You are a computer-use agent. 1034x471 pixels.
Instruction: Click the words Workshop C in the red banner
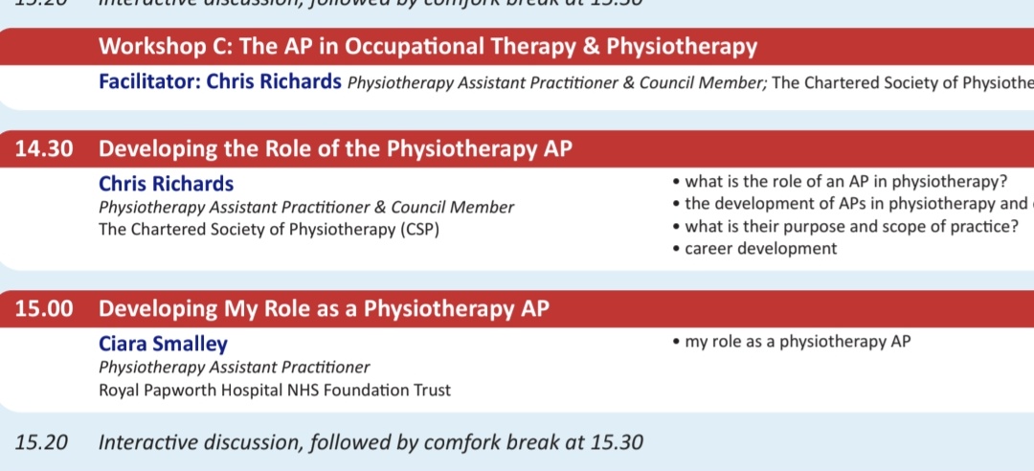(x=153, y=46)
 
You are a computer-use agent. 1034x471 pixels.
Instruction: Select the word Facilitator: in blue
(x=147, y=81)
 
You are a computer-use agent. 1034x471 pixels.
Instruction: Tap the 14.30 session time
(x=45, y=148)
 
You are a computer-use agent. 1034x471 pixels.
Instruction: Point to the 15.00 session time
(x=45, y=308)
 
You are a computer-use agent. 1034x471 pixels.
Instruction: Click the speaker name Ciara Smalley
(x=163, y=344)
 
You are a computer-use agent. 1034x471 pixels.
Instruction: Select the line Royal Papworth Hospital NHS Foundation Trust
(x=275, y=390)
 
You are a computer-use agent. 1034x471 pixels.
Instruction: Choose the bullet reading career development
(x=760, y=248)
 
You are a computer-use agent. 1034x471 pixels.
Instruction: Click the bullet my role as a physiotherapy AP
(x=798, y=341)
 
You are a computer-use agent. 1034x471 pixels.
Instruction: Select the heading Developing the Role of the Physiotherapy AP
(x=336, y=148)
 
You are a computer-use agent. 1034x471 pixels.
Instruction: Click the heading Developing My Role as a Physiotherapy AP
(x=324, y=308)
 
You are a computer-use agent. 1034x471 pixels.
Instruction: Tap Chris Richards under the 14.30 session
(x=166, y=184)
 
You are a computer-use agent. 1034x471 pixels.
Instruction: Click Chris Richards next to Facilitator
(x=275, y=81)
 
